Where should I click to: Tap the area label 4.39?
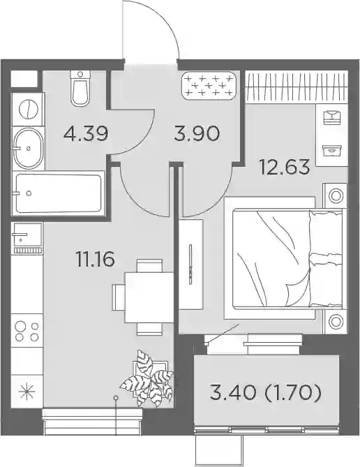(x=85, y=134)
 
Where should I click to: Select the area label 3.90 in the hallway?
(x=197, y=133)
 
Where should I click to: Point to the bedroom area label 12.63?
(x=285, y=167)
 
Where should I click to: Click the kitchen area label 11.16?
(x=96, y=259)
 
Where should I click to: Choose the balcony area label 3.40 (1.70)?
(x=266, y=394)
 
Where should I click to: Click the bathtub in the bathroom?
(x=59, y=193)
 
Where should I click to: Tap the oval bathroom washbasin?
(x=28, y=148)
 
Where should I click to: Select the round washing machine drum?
(x=28, y=110)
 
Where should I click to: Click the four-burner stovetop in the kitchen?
(x=27, y=331)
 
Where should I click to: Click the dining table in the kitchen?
(x=149, y=297)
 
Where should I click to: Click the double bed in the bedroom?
(x=285, y=258)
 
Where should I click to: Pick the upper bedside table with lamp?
(x=336, y=195)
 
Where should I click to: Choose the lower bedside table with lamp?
(x=336, y=322)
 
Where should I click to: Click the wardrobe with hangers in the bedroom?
(x=297, y=87)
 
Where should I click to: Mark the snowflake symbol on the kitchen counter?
(x=27, y=392)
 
